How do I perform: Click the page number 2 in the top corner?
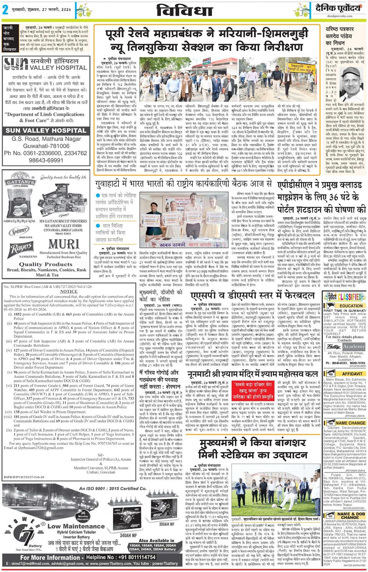(x=5, y=10)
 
